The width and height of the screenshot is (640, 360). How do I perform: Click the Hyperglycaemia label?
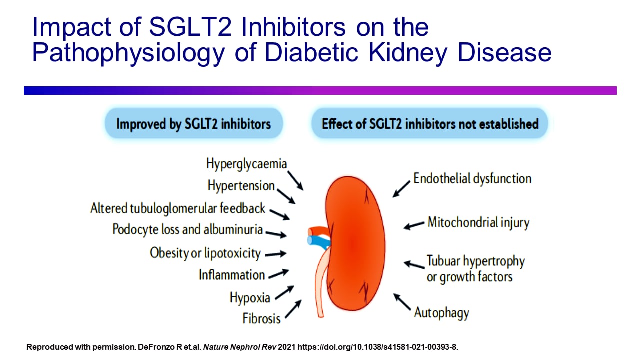pyautogui.click(x=246, y=164)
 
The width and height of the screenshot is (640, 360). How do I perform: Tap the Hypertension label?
pyautogui.click(x=241, y=186)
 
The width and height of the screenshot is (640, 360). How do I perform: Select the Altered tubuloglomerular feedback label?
pyautogui.click(x=178, y=208)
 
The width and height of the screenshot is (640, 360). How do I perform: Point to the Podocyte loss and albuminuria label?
pyautogui.click(x=187, y=230)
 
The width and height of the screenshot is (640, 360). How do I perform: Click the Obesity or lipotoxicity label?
pyautogui.click(x=205, y=253)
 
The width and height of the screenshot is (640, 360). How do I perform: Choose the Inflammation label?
pyautogui.click(x=232, y=275)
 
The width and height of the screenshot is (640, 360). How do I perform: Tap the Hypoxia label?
pyautogui.click(x=250, y=298)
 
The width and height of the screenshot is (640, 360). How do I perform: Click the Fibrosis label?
pyautogui.click(x=261, y=318)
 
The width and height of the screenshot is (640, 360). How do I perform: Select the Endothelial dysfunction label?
pyautogui.click(x=472, y=179)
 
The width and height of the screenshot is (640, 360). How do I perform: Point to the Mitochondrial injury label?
pyautogui.click(x=478, y=222)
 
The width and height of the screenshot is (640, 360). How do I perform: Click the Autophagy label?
pyautogui.click(x=441, y=313)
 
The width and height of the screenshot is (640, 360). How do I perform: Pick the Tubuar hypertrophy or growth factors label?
pyautogui.click(x=475, y=268)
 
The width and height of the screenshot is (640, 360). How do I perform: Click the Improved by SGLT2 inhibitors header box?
pyautogui.click(x=193, y=123)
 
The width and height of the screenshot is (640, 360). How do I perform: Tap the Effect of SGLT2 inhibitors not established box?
pyautogui.click(x=430, y=123)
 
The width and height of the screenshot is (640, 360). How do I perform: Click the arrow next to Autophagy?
pyautogui.click(x=402, y=302)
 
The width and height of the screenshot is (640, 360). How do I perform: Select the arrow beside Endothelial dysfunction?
pyautogui.click(x=401, y=189)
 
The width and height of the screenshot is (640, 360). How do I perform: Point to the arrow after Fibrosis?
pyautogui.click(x=293, y=309)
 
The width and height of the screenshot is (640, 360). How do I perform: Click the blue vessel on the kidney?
pyautogui.click(x=316, y=241)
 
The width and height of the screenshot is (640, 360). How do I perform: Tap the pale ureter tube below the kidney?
pyautogui.click(x=320, y=285)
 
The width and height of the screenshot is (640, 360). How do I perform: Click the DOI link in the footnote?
pyautogui.click(x=377, y=346)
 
